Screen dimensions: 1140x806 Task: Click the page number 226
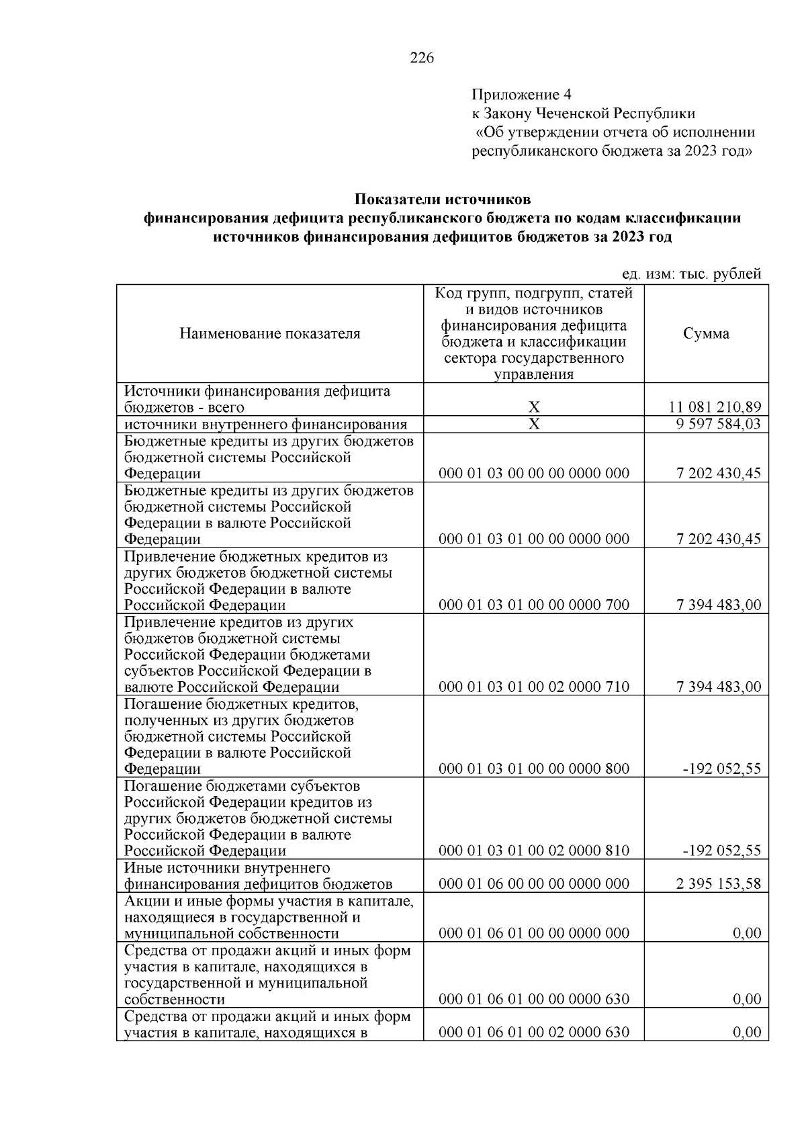click(x=422, y=58)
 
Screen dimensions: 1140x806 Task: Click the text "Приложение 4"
click(x=521, y=94)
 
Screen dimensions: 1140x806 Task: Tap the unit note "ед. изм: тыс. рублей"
click(x=691, y=274)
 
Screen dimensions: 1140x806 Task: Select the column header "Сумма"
click(x=706, y=334)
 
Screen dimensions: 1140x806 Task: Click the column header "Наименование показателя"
click(x=269, y=334)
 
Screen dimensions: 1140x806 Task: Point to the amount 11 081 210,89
click(x=715, y=408)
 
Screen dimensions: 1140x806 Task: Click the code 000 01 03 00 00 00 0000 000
click(x=534, y=474)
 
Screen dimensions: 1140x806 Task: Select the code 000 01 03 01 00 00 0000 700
click(x=534, y=605)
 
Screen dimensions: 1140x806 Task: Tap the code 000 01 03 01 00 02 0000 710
click(x=534, y=687)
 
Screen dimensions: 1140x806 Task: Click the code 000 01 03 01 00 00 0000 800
click(x=534, y=769)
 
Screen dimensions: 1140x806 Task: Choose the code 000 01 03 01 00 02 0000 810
click(x=534, y=851)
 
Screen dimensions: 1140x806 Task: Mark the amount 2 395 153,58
click(x=718, y=884)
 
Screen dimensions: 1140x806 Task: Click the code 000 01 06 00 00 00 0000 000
click(x=534, y=884)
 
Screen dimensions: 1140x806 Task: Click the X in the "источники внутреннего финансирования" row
click(x=534, y=425)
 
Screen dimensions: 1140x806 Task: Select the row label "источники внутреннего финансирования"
click(x=266, y=425)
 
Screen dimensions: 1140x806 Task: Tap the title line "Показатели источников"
click(x=442, y=200)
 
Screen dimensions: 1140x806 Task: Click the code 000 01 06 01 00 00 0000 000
click(x=534, y=933)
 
